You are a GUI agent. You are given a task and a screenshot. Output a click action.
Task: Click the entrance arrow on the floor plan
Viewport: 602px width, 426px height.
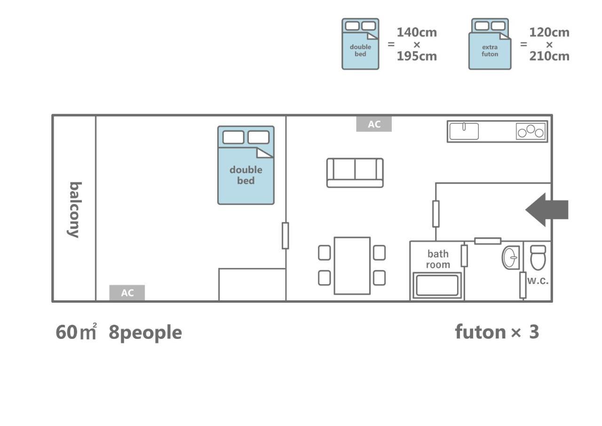click(x=547, y=209)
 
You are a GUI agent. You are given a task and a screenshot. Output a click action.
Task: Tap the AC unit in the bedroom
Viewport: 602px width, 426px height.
click(x=127, y=293)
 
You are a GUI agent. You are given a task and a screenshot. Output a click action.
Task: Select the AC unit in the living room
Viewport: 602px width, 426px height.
click(x=374, y=124)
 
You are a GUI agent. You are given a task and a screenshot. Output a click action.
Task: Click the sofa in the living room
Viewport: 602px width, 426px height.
click(x=355, y=173)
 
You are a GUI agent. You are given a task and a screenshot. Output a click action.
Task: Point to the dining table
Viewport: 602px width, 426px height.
click(x=352, y=265)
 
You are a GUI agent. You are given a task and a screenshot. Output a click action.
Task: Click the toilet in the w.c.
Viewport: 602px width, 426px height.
click(x=538, y=257)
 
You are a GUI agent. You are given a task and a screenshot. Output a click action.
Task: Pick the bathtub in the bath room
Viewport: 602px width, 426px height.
click(x=437, y=285)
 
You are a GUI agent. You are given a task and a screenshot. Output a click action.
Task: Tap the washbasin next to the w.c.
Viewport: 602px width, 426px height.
click(x=510, y=257)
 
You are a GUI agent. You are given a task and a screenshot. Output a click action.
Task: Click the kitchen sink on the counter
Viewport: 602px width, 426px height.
click(x=464, y=131)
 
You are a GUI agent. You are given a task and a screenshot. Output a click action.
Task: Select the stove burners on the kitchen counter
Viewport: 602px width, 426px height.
click(x=531, y=131)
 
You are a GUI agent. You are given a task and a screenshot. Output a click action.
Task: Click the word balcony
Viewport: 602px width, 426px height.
click(x=75, y=210)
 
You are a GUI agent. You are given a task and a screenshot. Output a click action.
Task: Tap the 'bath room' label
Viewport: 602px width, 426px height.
click(x=438, y=259)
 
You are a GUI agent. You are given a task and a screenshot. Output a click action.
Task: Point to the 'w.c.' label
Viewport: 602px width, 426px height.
click(x=538, y=281)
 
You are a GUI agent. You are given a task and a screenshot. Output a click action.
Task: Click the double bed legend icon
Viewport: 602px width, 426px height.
click(x=360, y=44)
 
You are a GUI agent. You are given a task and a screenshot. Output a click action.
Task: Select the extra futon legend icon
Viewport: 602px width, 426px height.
click(x=490, y=44)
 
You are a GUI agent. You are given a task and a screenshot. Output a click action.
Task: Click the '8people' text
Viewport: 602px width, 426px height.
click(x=145, y=333)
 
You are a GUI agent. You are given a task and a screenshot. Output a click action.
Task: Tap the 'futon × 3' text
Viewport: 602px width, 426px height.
click(x=497, y=332)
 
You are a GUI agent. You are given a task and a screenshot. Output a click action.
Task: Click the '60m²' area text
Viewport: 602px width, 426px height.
click(x=76, y=331)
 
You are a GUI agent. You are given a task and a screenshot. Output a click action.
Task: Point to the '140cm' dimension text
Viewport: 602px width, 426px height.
click(x=417, y=32)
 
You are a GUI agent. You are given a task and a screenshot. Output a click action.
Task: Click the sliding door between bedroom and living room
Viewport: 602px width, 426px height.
click(x=285, y=235)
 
